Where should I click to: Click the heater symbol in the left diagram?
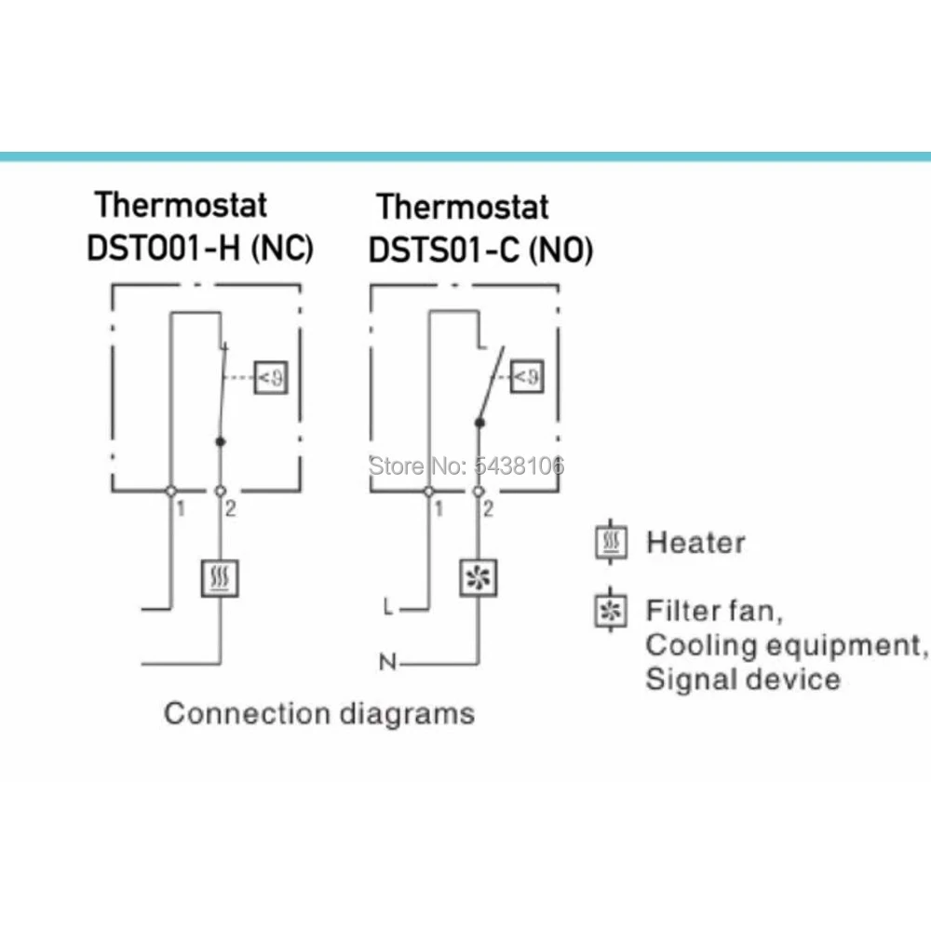point(220,578)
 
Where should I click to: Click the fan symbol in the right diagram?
point(479,578)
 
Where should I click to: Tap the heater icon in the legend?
point(610,542)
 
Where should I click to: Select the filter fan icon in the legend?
point(610,612)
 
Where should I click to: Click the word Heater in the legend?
point(695,542)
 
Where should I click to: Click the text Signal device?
point(742,679)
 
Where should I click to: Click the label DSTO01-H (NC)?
point(200,249)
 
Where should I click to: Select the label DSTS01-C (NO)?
point(481,250)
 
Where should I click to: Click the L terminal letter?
point(388,607)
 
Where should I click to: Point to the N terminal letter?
point(386,663)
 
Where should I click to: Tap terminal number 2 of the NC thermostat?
point(230,508)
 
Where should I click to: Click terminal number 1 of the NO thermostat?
point(439,508)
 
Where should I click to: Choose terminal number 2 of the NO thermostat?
point(489,508)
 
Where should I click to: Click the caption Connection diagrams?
point(319,714)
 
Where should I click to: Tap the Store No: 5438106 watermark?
point(467,465)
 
